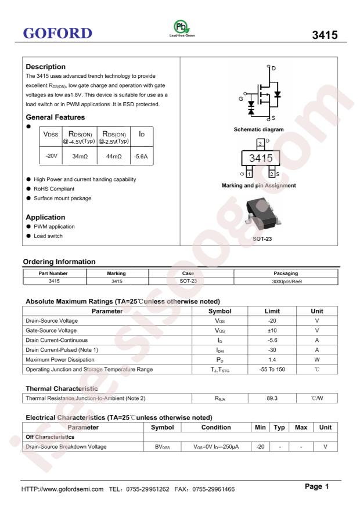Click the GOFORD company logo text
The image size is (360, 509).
[x=56, y=33]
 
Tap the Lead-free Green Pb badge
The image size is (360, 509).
[x=182, y=30]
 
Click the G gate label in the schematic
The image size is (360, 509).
[x=239, y=98]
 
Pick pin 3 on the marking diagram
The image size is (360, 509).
[x=261, y=142]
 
